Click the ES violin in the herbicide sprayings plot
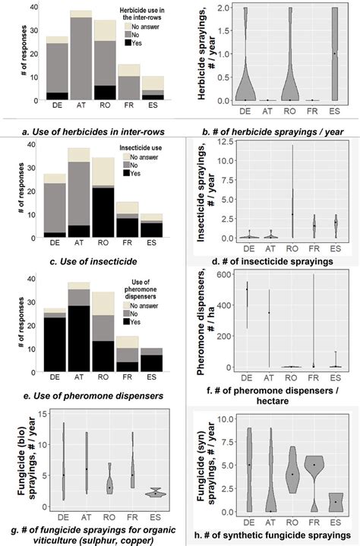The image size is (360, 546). (335, 54)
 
